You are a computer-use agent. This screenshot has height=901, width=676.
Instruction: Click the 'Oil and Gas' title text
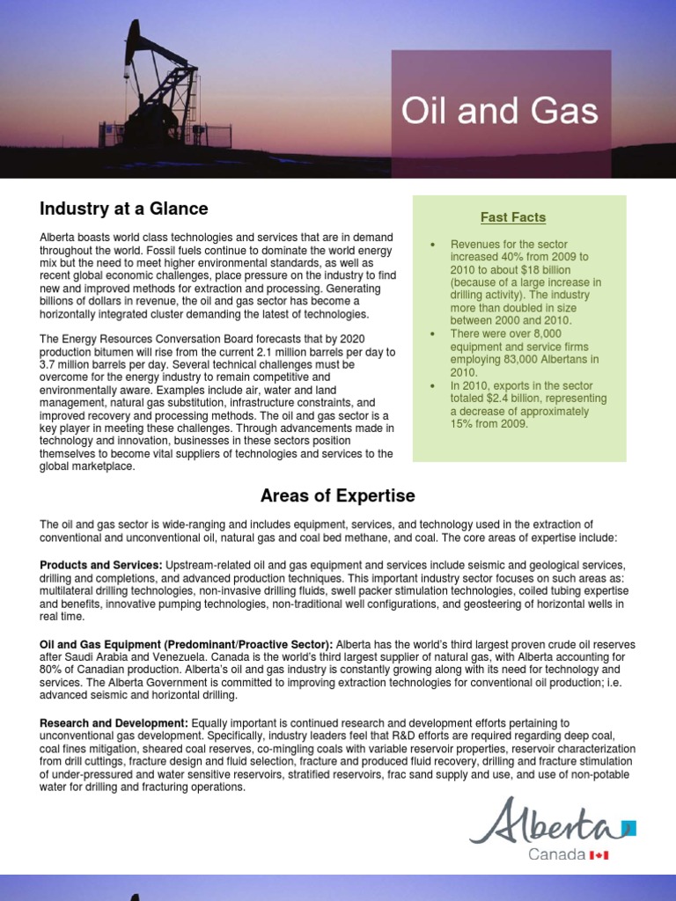tap(499, 112)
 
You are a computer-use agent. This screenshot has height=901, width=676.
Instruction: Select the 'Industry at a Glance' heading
tap(123, 209)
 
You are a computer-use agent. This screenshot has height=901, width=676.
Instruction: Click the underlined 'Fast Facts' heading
tap(513, 216)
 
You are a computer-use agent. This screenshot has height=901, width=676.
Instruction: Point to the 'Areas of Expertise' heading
tap(338, 496)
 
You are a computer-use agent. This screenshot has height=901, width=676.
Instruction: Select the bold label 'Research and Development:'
tap(114, 723)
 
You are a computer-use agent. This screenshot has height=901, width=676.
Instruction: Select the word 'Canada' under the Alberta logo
tap(556, 854)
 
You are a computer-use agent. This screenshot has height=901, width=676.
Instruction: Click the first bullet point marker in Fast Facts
tap(433, 245)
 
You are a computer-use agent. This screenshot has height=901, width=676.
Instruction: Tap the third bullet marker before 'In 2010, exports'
tap(433, 386)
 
